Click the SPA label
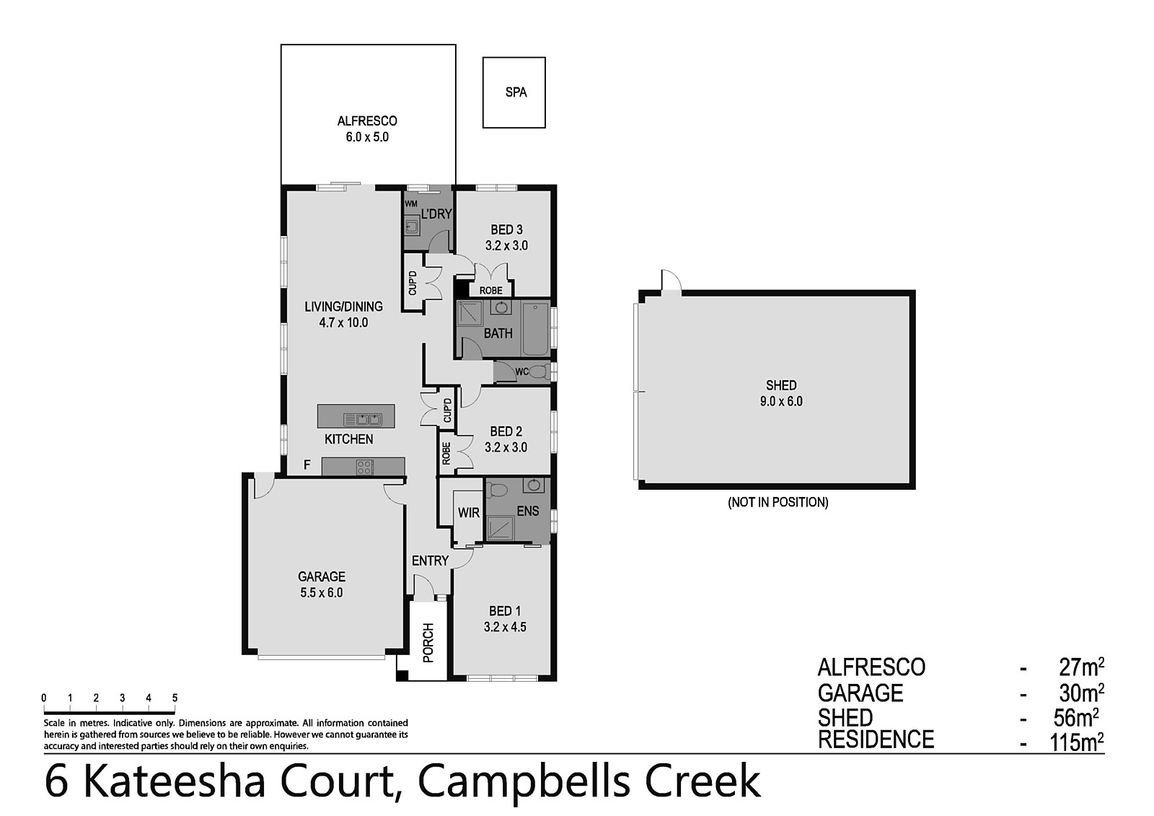tap(516, 93)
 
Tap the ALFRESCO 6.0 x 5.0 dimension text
tap(367, 138)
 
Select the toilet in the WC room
tap(539, 372)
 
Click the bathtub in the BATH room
tap(536, 329)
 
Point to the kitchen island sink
tap(363, 420)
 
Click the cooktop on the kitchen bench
tap(364, 467)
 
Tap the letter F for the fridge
tap(307, 465)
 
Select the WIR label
tap(468, 512)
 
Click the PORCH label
tap(428, 642)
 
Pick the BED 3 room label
tap(506, 229)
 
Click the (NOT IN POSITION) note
tap(778, 502)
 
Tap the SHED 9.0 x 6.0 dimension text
tap(781, 402)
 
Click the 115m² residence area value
tap(1077, 743)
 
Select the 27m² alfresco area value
tap(1081, 668)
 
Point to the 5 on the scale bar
tap(175, 698)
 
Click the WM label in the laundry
tap(410, 203)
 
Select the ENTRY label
tap(430, 561)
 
